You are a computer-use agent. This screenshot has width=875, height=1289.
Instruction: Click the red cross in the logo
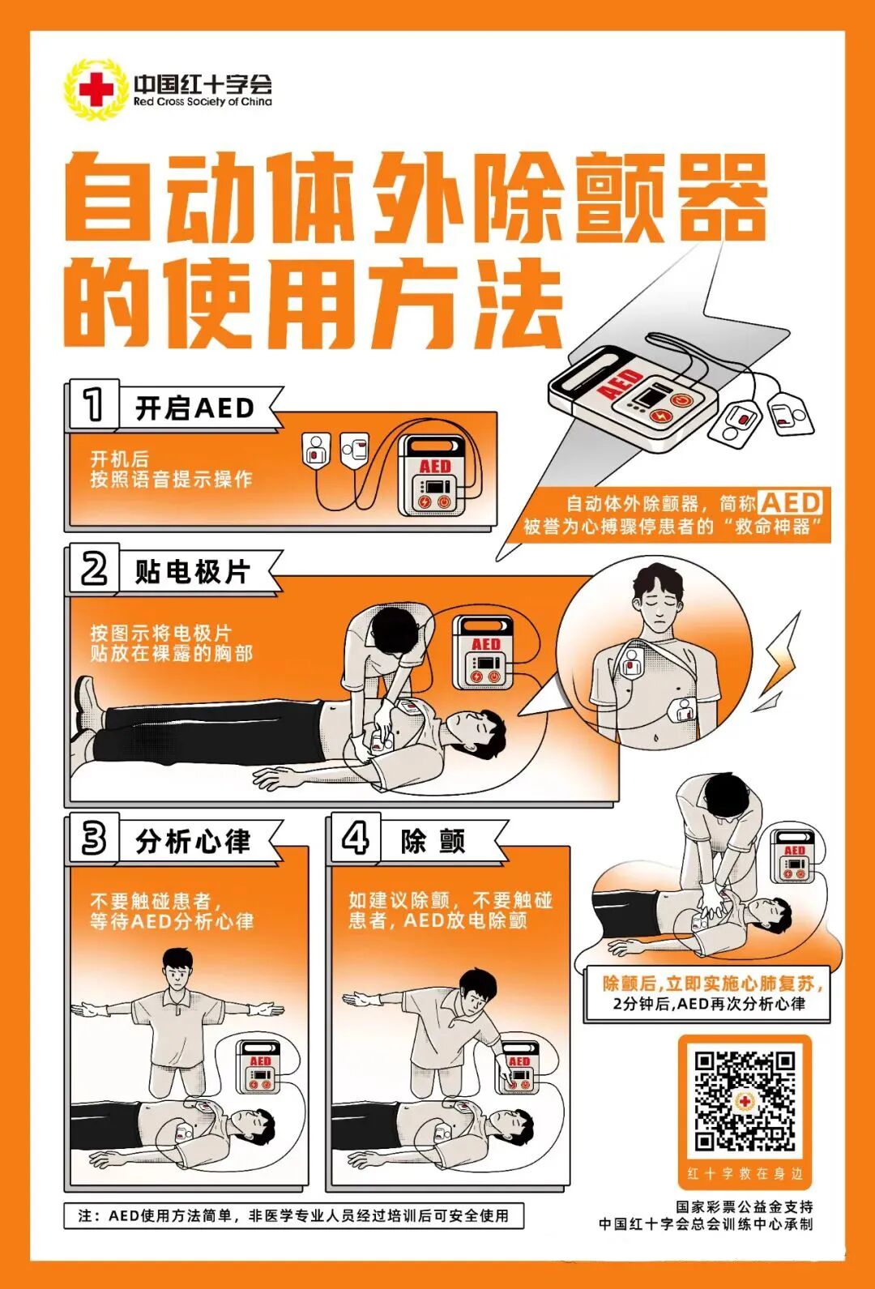coord(96,89)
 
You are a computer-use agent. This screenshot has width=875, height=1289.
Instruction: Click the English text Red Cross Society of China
coord(203,103)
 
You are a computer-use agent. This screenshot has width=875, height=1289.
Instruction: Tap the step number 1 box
coord(93,404)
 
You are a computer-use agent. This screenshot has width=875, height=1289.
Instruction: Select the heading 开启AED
coord(194,408)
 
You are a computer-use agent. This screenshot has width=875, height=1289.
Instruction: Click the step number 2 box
coord(93,569)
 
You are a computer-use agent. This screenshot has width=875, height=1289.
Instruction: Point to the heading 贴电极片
coord(193,572)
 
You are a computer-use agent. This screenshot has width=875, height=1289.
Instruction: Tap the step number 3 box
coord(93,839)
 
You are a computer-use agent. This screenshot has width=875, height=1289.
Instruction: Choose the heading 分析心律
coord(193,842)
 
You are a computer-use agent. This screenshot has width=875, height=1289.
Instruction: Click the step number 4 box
coord(355,839)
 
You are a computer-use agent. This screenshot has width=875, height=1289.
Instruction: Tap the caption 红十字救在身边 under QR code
coord(745,1173)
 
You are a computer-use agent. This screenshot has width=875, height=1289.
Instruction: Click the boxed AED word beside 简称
coord(791,502)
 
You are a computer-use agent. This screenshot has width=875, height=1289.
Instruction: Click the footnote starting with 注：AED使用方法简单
coord(293,1216)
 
